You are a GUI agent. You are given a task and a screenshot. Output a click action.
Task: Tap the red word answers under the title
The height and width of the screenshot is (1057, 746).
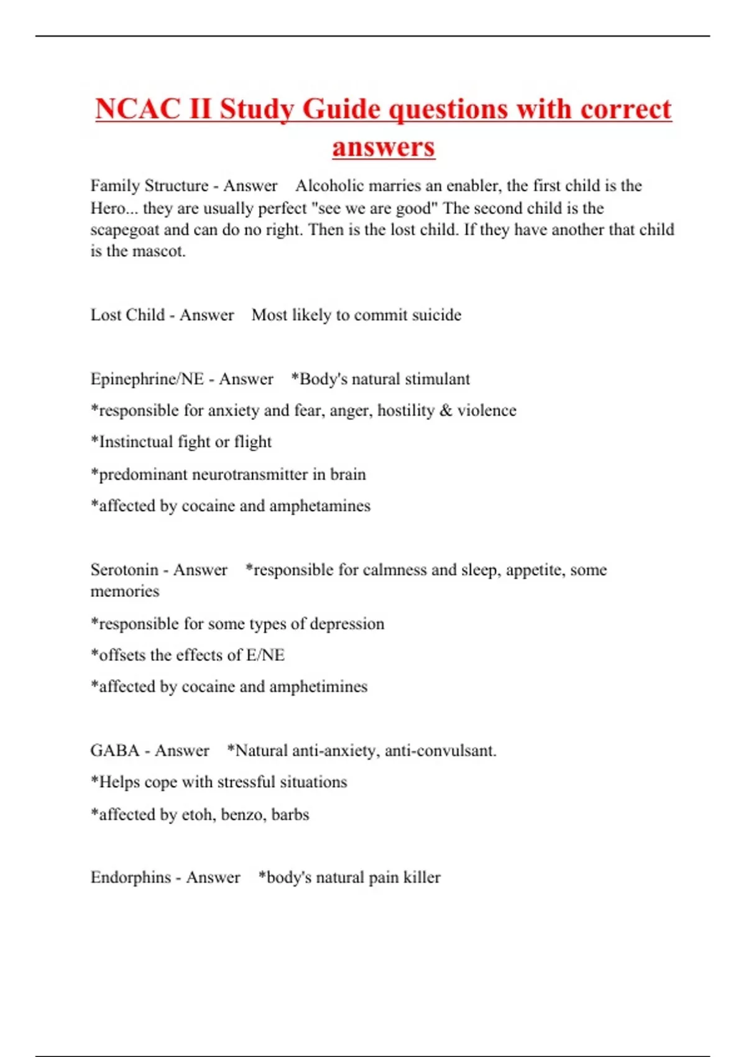tap(384, 147)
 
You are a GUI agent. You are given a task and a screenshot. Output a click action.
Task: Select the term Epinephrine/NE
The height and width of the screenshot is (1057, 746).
tap(147, 379)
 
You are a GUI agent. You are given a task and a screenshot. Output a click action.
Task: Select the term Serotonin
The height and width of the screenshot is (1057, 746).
tap(124, 570)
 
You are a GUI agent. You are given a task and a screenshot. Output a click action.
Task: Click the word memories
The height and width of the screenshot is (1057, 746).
tap(125, 591)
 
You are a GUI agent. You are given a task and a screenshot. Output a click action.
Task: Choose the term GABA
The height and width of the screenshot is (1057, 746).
tap(115, 751)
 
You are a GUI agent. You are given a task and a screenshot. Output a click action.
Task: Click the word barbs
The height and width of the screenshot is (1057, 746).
tap(290, 815)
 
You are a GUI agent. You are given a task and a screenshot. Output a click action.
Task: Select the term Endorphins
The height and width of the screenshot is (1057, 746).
tap(131, 877)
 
